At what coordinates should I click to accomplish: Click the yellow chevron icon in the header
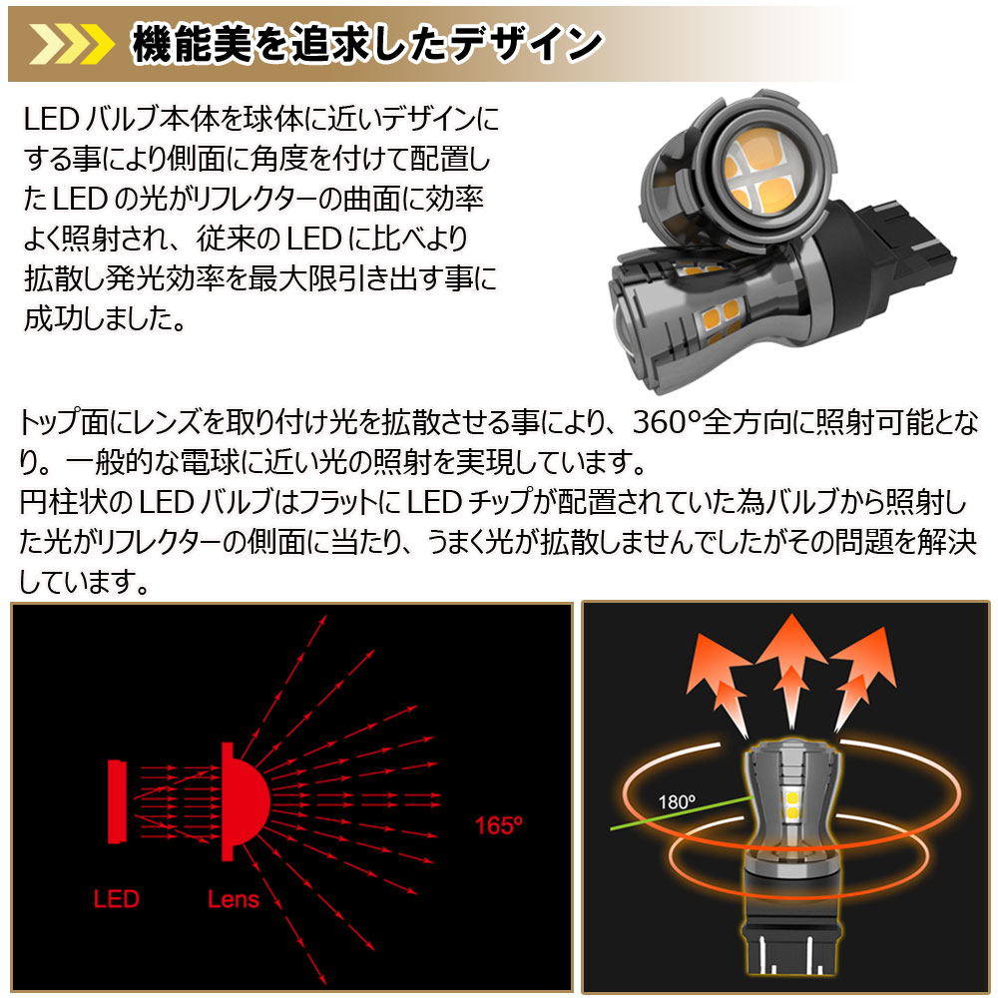[69, 44]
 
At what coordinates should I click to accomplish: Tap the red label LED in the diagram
[117, 899]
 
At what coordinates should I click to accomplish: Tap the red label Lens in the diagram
[234, 899]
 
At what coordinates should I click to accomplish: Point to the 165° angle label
[499, 825]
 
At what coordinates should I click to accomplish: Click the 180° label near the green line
[677, 800]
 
